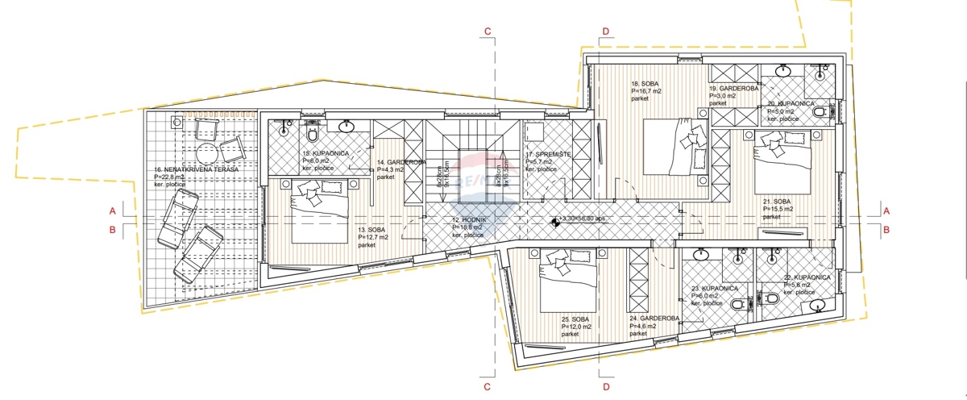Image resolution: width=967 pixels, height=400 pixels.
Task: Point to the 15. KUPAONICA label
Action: [x=325, y=152]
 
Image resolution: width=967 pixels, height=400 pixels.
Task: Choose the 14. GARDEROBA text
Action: [x=400, y=162]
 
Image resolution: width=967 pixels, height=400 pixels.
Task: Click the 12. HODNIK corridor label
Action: [x=467, y=220]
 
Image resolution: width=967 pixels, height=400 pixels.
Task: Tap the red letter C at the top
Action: [x=488, y=32]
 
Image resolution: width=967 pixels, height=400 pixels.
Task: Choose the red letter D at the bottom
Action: [x=605, y=387]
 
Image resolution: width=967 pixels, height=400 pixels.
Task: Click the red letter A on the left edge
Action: [x=113, y=210]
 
